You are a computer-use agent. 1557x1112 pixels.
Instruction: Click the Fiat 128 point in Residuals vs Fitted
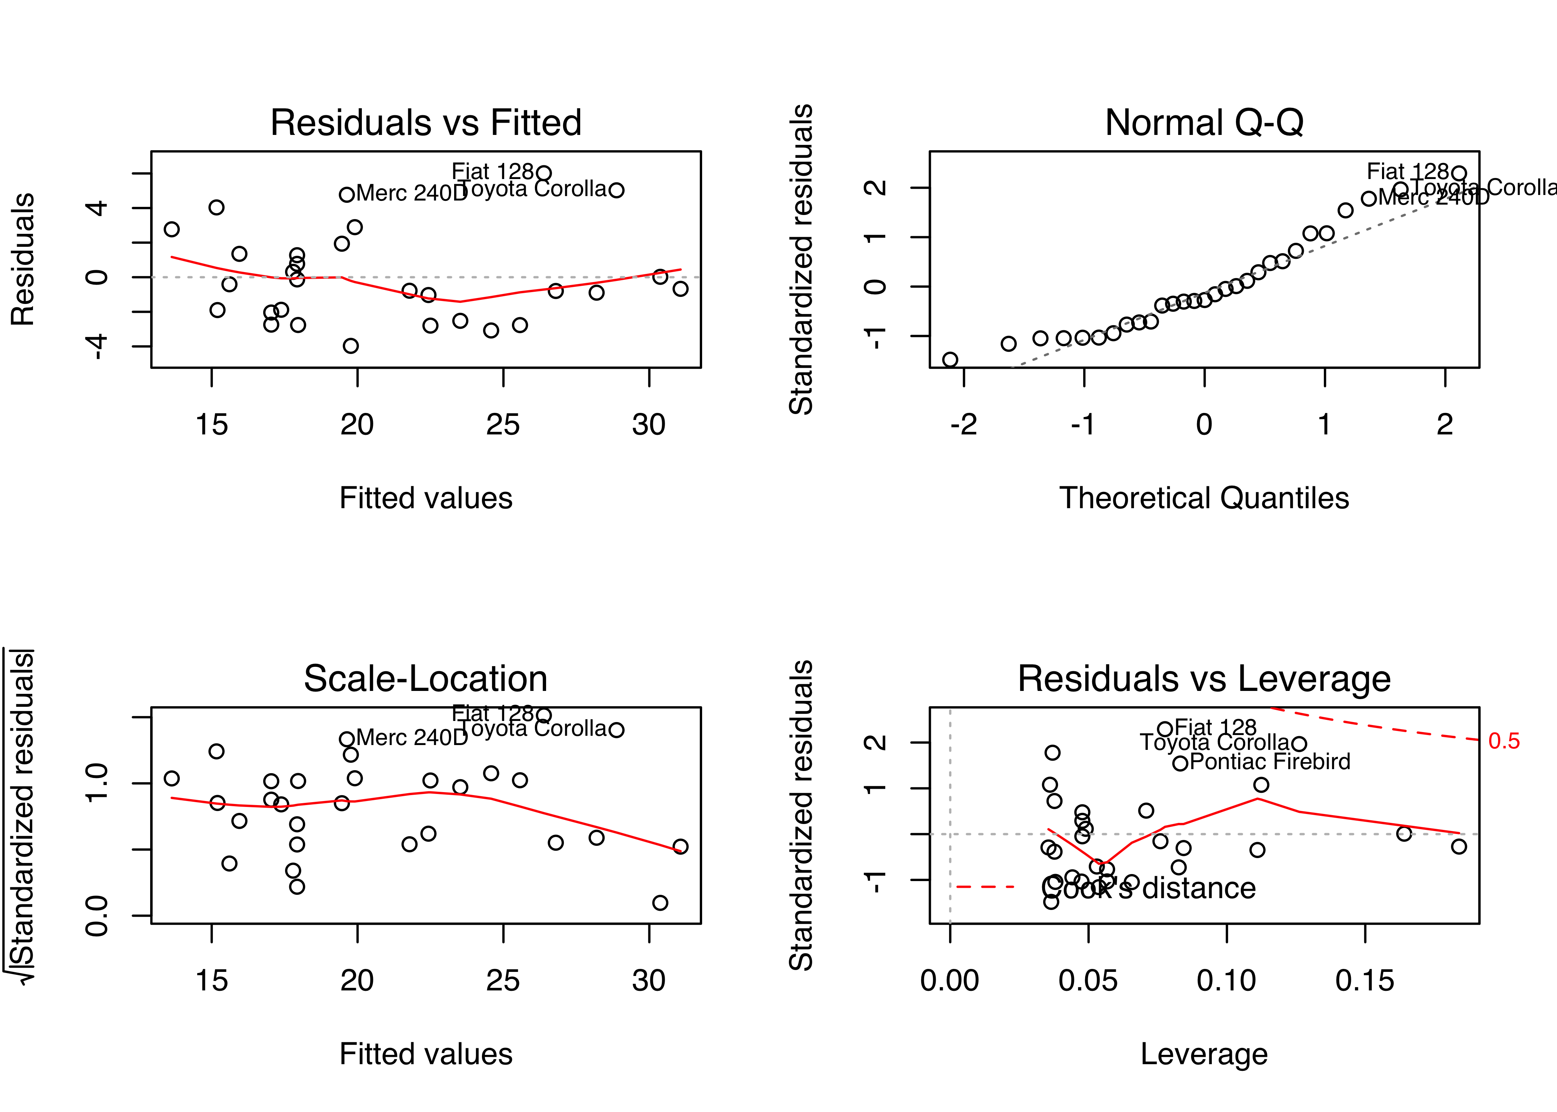[543, 173]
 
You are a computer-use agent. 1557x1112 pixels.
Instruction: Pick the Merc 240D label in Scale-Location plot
[411, 738]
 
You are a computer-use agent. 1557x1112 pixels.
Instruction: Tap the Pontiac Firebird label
[1270, 762]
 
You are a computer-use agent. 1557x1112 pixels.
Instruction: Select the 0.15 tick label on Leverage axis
[1365, 981]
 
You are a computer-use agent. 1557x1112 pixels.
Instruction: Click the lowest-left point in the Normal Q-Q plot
[950, 360]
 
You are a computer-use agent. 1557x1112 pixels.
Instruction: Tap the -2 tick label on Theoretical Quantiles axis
[963, 425]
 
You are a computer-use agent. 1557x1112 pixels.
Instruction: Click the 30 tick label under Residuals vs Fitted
[648, 425]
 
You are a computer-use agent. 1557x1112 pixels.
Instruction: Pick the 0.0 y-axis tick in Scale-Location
[97, 916]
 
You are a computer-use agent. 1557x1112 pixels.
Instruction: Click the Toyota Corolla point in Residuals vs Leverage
[1299, 744]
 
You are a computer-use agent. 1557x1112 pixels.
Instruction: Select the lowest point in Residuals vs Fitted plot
[351, 346]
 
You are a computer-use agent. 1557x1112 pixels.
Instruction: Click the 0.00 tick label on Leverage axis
[950, 981]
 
